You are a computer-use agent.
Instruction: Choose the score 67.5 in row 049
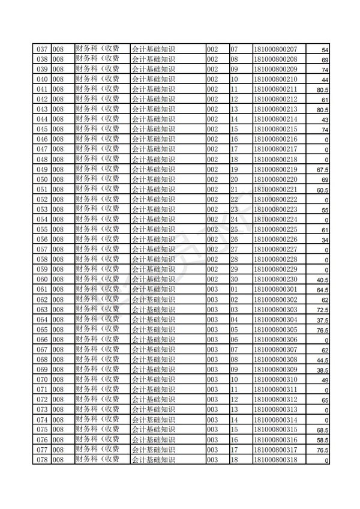tap(322, 169)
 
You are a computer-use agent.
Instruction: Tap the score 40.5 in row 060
tap(322, 280)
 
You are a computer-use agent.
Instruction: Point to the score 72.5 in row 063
tap(322, 310)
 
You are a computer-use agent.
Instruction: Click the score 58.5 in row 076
tap(322, 441)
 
